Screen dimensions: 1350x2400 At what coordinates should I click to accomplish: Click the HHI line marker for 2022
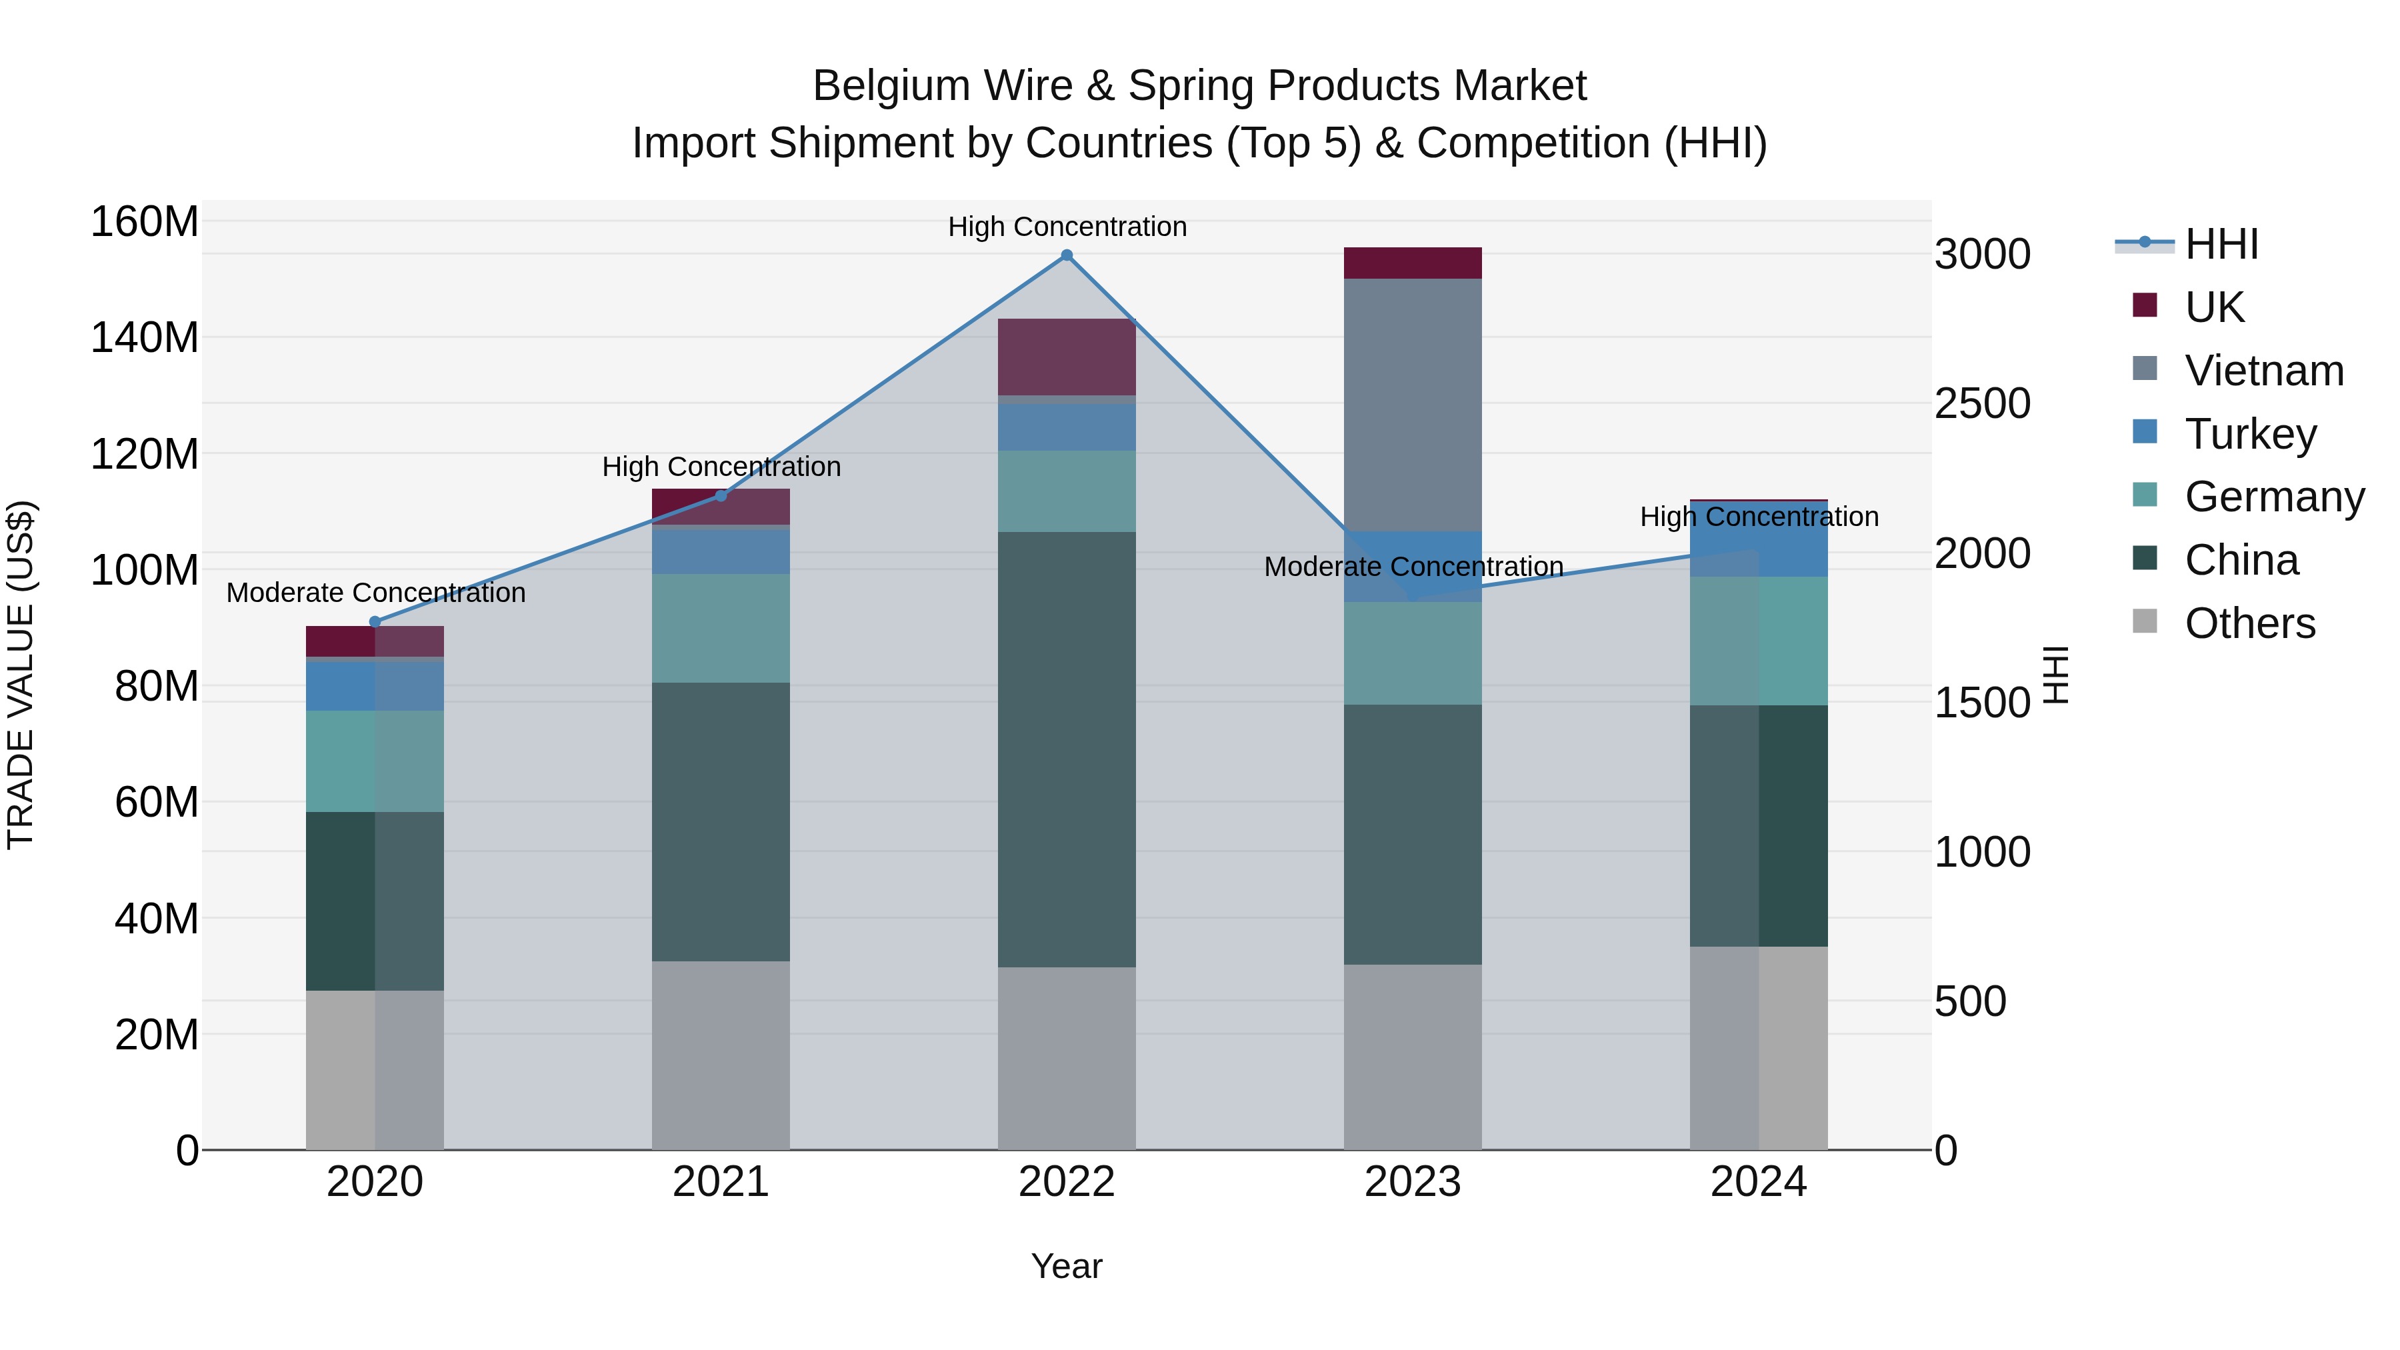(x=1067, y=255)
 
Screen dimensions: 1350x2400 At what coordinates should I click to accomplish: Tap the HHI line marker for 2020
(x=375, y=621)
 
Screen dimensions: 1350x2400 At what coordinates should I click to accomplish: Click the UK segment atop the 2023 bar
(x=1413, y=263)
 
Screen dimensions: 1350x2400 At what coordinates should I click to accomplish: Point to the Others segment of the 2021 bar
(x=720, y=1055)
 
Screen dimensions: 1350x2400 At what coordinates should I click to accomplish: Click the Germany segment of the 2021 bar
(x=720, y=628)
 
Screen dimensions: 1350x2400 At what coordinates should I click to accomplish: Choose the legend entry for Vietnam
(x=2263, y=371)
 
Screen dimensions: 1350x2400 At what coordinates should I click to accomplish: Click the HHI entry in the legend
(x=2221, y=244)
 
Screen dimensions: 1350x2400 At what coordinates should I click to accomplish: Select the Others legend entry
(x=2249, y=623)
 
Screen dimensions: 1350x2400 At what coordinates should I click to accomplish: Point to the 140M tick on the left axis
(x=145, y=337)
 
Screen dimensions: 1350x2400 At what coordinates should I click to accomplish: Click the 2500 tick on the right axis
(x=1983, y=403)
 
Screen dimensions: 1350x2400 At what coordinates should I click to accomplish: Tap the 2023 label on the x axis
(x=1413, y=1182)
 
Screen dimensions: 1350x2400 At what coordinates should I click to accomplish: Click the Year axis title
(x=1067, y=1266)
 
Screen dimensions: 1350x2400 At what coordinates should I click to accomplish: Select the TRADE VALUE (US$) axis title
(x=21, y=675)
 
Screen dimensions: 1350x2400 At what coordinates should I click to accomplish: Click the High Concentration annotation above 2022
(x=1067, y=227)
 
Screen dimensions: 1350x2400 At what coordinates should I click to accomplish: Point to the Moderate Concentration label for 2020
(x=375, y=593)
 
